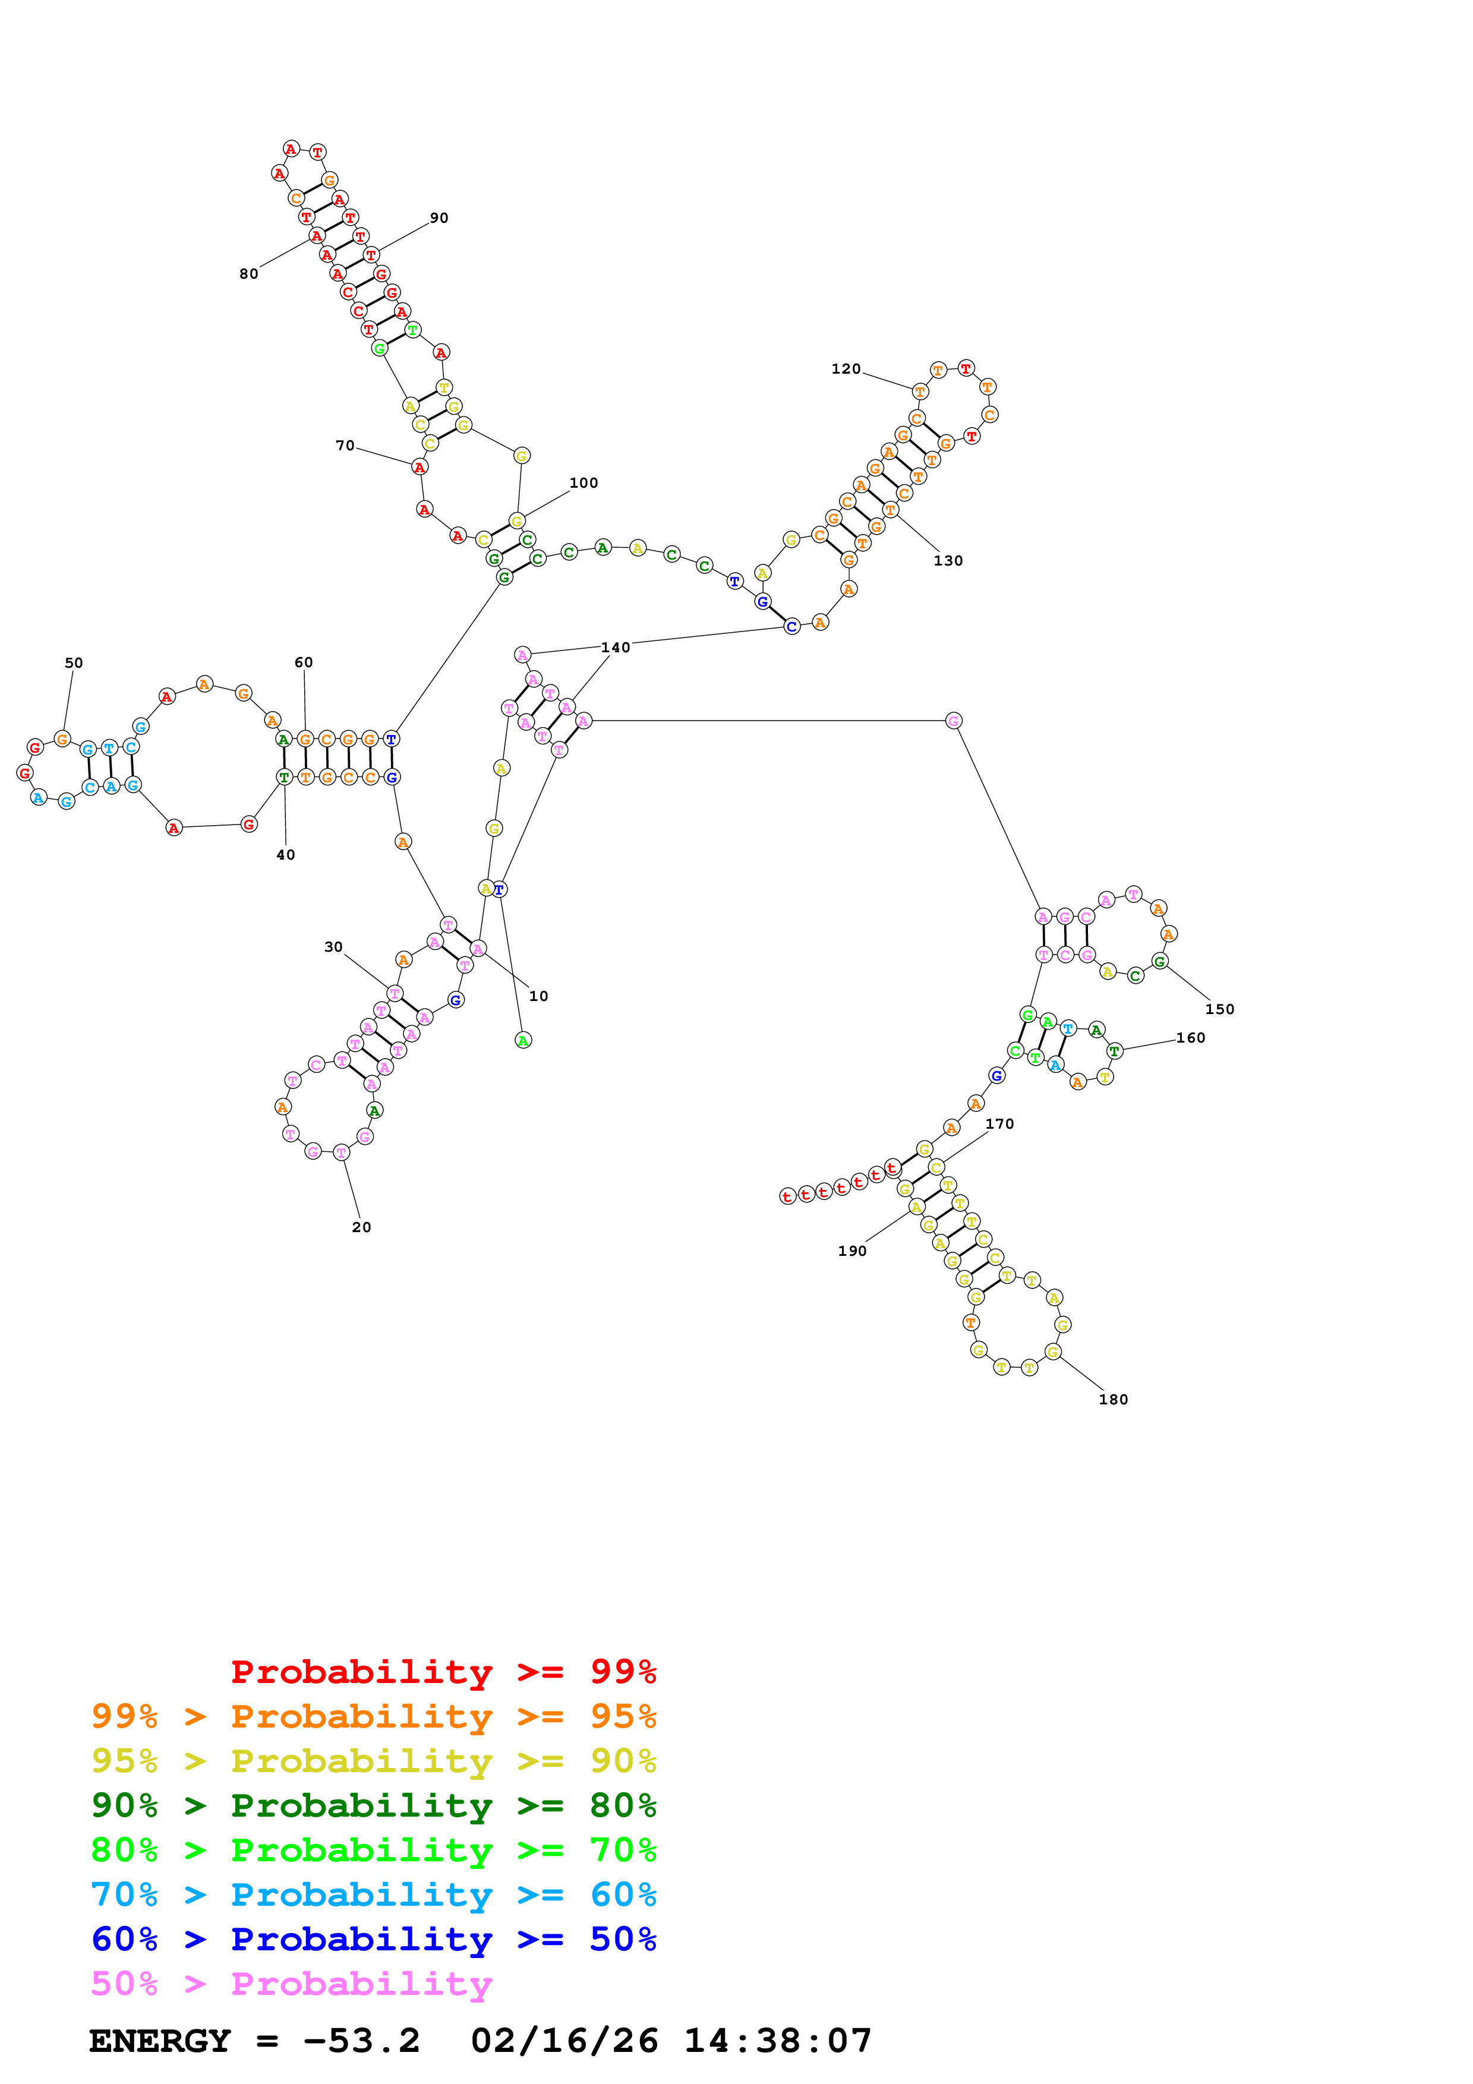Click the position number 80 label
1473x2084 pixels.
pos(249,274)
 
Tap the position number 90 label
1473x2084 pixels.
pos(439,219)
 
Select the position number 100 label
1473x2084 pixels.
pos(583,484)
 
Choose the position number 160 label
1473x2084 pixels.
pos(1191,1038)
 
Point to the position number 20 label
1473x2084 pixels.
pos(361,1228)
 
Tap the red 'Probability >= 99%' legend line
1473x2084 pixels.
pos(444,1672)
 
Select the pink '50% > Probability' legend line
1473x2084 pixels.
pos(291,1984)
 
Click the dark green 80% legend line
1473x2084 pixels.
pos(374,1805)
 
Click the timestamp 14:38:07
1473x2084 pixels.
pos(778,2041)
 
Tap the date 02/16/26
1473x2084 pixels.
pos(564,2041)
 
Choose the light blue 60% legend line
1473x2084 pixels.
pos(374,1894)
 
